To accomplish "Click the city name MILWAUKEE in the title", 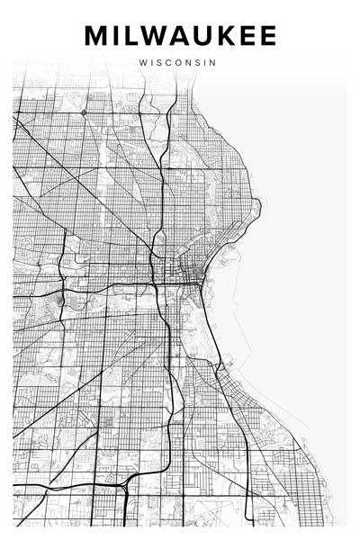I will click(180, 36).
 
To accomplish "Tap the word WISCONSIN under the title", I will click(178, 63).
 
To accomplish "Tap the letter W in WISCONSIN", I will click(144, 63).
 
